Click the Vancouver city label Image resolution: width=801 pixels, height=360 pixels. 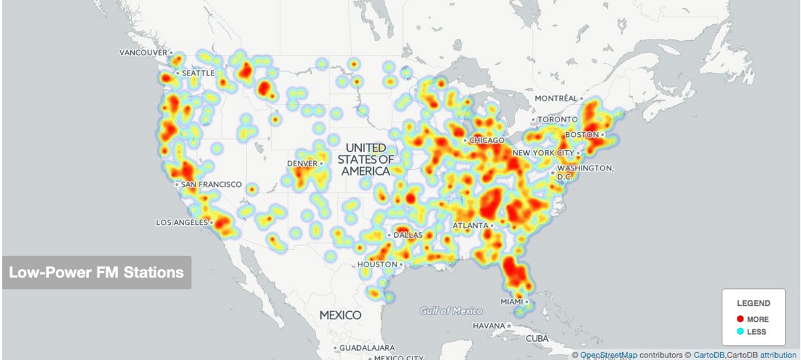(x=143, y=52)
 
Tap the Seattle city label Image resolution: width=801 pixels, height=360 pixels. (x=198, y=73)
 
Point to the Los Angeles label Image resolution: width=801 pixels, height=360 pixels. (x=182, y=222)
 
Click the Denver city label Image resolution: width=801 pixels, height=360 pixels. (x=302, y=164)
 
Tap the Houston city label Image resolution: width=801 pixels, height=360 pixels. (x=377, y=264)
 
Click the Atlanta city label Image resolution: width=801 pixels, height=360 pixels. (x=470, y=226)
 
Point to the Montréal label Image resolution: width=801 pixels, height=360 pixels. (x=555, y=98)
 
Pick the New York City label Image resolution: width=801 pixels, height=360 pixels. (x=543, y=153)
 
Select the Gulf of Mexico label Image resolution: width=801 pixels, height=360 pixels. (x=451, y=311)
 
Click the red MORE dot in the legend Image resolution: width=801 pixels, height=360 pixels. (x=740, y=319)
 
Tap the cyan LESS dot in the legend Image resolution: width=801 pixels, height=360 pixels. (x=740, y=331)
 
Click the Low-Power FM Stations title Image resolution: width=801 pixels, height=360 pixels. (x=96, y=273)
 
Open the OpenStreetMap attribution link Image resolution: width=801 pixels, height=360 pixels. (x=609, y=355)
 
